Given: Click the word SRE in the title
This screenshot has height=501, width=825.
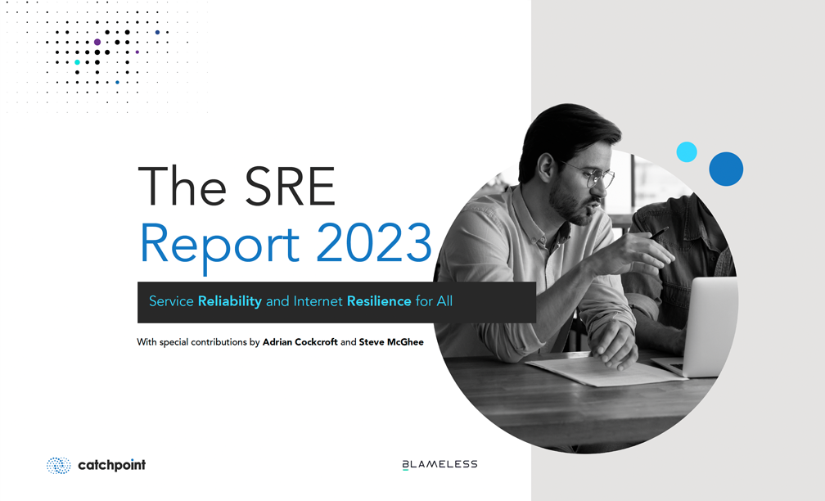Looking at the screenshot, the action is coord(290,187).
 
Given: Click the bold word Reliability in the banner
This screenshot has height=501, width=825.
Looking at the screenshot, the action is coord(229,301).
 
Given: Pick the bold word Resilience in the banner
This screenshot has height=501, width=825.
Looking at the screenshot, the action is coord(379,301).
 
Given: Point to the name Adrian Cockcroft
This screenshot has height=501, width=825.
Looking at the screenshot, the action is coord(300,342).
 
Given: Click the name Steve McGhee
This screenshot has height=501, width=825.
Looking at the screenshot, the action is coord(391,342).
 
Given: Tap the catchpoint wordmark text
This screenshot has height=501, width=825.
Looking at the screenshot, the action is coord(111,465).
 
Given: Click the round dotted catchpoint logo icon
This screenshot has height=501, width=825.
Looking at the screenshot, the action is coord(58,465).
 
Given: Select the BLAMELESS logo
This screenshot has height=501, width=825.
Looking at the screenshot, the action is coord(440,464).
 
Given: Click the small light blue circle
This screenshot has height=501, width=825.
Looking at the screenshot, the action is coord(687,151).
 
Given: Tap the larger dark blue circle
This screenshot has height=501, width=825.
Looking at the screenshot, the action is coord(726,169).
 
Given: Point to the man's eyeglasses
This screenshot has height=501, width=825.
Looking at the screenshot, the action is coord(592,174).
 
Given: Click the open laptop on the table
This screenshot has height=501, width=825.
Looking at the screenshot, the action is coord(695,327).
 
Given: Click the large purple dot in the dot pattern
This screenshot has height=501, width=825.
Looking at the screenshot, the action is coord(97,42).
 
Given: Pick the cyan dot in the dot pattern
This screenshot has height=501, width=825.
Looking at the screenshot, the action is coord(77,62).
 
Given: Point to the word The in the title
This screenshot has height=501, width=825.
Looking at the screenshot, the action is coord(182,187).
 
